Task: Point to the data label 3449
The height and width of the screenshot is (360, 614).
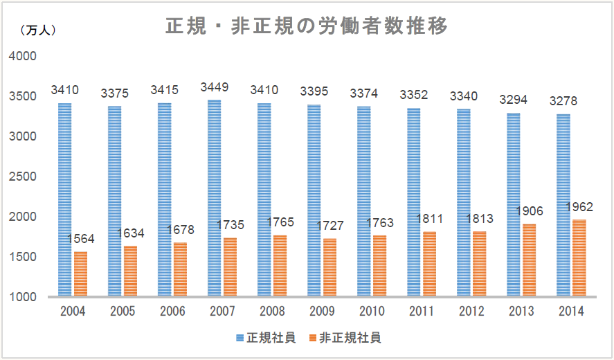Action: [x=214, y=88]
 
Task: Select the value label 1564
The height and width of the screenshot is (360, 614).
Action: [x=81, y=239]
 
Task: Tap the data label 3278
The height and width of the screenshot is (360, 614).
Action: [x=563, y=102]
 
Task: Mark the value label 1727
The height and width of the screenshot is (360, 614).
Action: [x=330, y=226]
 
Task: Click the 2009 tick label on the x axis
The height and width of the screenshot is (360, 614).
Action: [x=322, y=312]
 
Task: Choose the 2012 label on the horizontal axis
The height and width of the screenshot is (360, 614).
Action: [x=471, y=312]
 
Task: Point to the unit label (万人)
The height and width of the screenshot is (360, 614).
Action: [x=38, y=30]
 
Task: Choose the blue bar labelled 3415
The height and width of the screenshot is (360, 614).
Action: [x=164, y=200]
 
